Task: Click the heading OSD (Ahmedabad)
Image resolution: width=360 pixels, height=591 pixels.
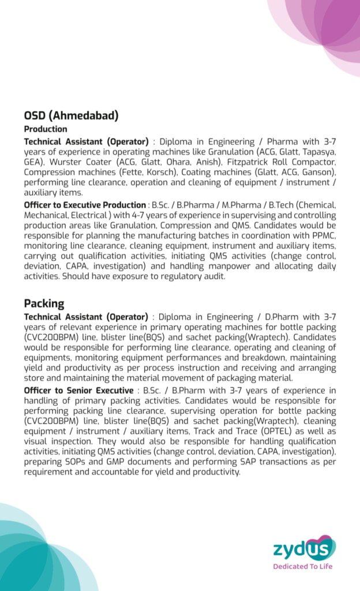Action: tap(71, 115)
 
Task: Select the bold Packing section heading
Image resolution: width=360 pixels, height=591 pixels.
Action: tap(44, 303)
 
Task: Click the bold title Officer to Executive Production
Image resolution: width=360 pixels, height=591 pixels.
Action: tap(85, 205)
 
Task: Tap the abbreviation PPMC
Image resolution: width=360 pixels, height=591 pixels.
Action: tap(322, 235)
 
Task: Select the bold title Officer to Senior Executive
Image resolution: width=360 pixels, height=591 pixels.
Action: tap(78, 391)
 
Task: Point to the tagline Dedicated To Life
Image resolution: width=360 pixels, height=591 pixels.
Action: tap(303, 566)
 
